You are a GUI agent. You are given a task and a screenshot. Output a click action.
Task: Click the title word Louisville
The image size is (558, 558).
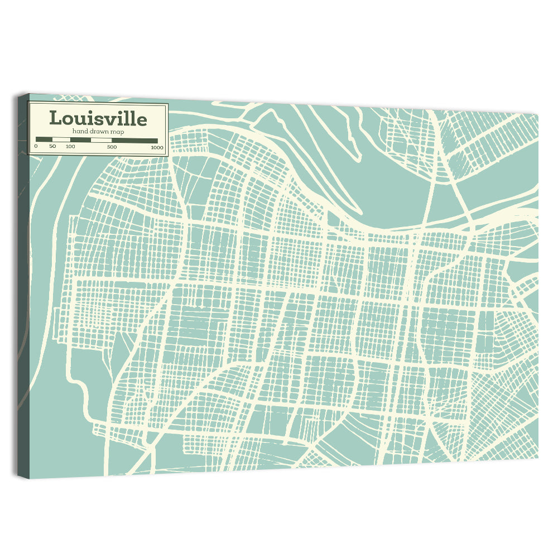98,118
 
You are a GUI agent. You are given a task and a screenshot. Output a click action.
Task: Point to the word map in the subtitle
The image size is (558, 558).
117,132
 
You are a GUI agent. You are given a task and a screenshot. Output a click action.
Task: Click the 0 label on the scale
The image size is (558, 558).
36,146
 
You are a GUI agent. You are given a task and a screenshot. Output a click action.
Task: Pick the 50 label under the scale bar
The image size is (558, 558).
52,146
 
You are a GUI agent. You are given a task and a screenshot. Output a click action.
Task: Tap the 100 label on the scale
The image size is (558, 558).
70,146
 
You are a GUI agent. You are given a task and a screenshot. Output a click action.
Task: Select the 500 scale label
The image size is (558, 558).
112,147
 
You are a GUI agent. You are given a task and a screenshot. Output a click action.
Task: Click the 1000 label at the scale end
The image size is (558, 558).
157,147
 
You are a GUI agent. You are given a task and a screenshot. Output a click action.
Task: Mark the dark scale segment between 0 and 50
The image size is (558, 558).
44,139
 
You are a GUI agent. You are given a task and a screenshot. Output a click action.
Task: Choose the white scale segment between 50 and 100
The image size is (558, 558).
61,139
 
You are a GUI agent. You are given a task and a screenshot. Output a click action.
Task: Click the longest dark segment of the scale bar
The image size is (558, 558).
134,140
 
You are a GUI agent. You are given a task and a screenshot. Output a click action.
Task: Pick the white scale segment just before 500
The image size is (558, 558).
102,140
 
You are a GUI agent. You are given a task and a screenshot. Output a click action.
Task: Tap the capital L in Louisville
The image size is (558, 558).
55,118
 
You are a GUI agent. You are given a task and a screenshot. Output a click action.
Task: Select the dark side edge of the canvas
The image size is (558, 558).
22,279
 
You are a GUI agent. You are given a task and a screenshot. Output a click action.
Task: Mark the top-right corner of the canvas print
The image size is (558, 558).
538,114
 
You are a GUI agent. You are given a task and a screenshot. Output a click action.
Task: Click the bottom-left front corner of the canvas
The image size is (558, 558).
30,478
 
